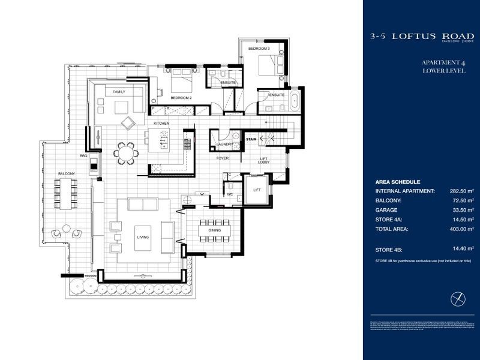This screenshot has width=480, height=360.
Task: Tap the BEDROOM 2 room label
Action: (x=181, y=97)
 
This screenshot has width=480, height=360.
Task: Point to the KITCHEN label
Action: (x=162, y=123)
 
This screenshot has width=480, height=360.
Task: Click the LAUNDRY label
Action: (x=224, y=145)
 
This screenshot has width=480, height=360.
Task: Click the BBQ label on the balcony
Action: (x=83, y=155)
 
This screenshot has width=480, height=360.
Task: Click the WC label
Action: (x=230, y=194)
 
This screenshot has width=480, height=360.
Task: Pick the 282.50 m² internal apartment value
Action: (x=461, y=191)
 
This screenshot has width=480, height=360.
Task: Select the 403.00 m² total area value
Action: (x=461, y=229)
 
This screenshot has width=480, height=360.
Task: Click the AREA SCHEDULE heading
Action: (x=397, y=182)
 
